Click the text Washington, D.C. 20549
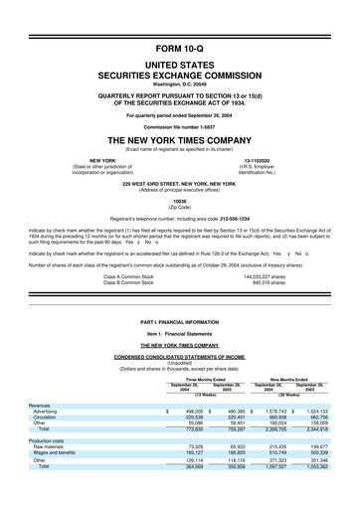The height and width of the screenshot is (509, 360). [x=180, y=85]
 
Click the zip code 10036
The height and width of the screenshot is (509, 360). [x=180, y=200]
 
